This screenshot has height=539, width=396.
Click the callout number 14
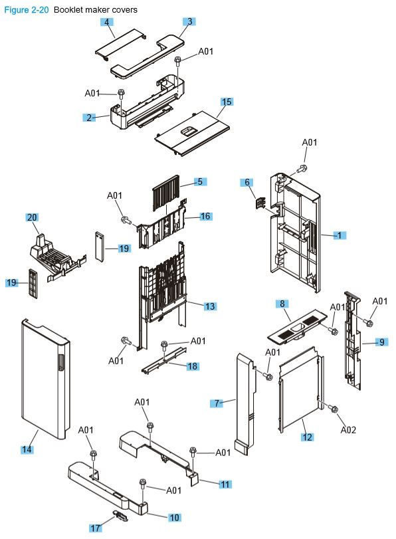[x=27, y=450]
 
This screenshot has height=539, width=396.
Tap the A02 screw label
[x=349, y=430]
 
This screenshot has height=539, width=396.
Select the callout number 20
[x=32, y=218]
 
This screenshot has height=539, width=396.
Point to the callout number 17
[x=96, y=528]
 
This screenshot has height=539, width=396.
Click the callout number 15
[x=227, y=102]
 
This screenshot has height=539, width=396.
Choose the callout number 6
[x=247, y=182]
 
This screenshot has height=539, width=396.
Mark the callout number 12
[x=307, y=437]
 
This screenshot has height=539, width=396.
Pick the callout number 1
[x=339, y=235]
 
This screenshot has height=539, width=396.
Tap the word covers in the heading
[x=125, y=10]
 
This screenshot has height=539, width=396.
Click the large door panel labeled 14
[x=43, y=379]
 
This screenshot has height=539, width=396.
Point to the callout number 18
[x=193, y=366]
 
